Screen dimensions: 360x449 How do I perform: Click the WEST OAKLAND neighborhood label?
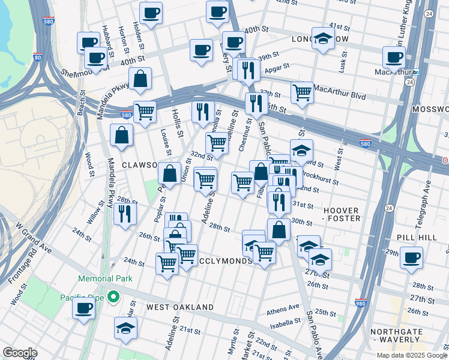[x=180, y=307]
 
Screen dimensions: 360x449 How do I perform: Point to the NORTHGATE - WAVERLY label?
[x=409, y=335]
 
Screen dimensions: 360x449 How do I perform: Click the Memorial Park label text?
[x=99, y=279]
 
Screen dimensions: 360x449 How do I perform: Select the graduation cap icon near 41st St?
[x=323, y=40]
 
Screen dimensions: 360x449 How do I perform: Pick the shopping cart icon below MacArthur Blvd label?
[x=302, y=93]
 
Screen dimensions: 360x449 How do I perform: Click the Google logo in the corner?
[x=19, y=353]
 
